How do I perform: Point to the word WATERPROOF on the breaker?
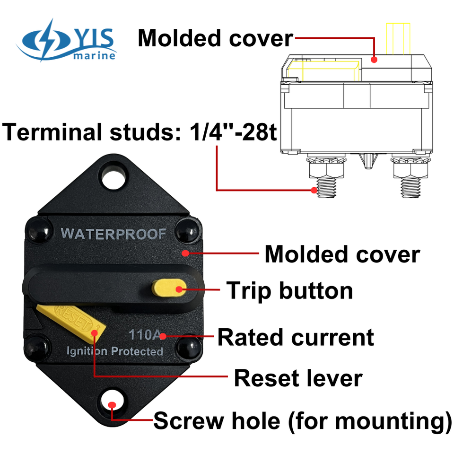[113, 234]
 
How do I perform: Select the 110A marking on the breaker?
[145, 335]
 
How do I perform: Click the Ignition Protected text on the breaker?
[114, 351]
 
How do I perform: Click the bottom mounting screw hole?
[113, 403]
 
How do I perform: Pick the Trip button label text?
[289, 290]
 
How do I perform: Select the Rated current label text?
[296, 337]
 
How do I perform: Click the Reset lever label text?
[298, 378]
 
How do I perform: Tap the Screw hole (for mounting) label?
[302, 420]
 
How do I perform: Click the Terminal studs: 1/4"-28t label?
[140, 132]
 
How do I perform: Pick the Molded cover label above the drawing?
[215, 38]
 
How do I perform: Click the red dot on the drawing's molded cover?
[374, 60]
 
